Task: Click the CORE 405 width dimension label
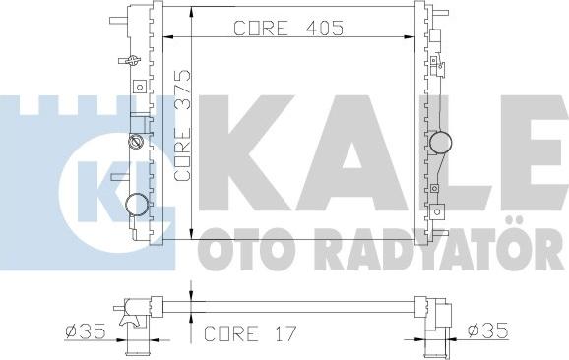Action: click(x=288, y=28)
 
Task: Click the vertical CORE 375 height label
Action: click(x=182, y=125)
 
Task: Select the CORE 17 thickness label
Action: click(x=250, y=333)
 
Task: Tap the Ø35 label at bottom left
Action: click(x=86, y=331)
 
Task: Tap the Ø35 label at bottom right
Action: click(x=487, y=331)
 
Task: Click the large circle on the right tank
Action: click(x=441, y=142)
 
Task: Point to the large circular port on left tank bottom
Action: click(x=137, y=205)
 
